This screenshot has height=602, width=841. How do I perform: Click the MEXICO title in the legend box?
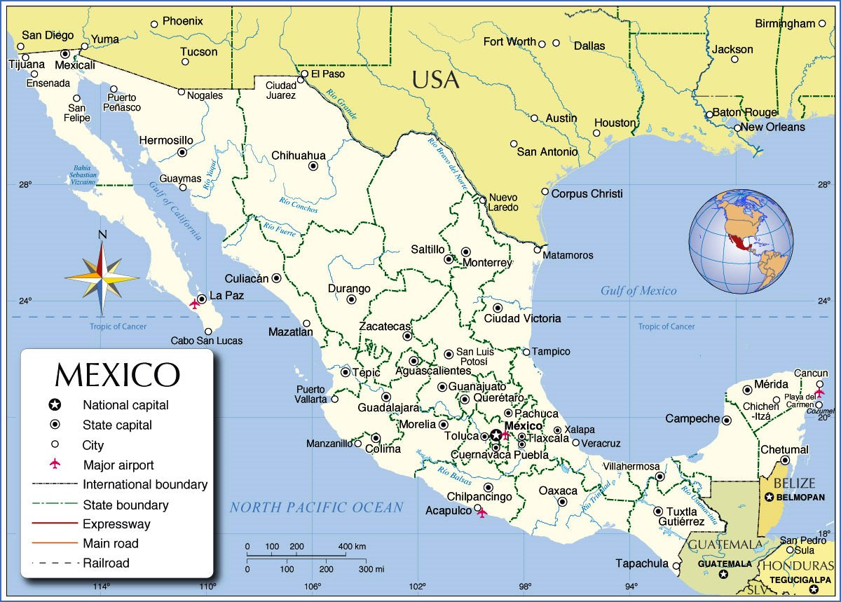coord(117,374)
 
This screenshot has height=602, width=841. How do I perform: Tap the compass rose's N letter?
coord(102,235)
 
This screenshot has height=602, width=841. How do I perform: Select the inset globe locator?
coord(741,241)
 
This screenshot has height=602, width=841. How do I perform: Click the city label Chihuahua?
coord(299,155)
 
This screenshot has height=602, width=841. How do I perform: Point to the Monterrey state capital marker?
coord(466,252)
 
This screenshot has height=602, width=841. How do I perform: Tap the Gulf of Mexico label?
coord(638,291)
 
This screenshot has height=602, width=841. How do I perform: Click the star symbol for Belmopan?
coord(770,497)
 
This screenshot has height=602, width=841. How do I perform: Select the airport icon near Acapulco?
coord(481,513)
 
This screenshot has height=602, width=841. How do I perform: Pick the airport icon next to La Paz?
coord(195,304)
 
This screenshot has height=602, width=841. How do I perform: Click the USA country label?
coord(435,80)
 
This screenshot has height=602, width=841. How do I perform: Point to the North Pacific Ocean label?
coord(317,507)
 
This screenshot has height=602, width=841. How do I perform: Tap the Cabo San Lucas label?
coord(207,341)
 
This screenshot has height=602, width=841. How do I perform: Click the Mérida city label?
coord(772,384)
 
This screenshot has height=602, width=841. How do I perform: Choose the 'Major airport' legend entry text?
coord(118,465)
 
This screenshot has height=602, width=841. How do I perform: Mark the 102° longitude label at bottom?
coord(418,586)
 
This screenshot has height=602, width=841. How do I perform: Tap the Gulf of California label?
coord(175,210)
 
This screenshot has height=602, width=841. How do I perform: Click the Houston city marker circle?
coord(597,132)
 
